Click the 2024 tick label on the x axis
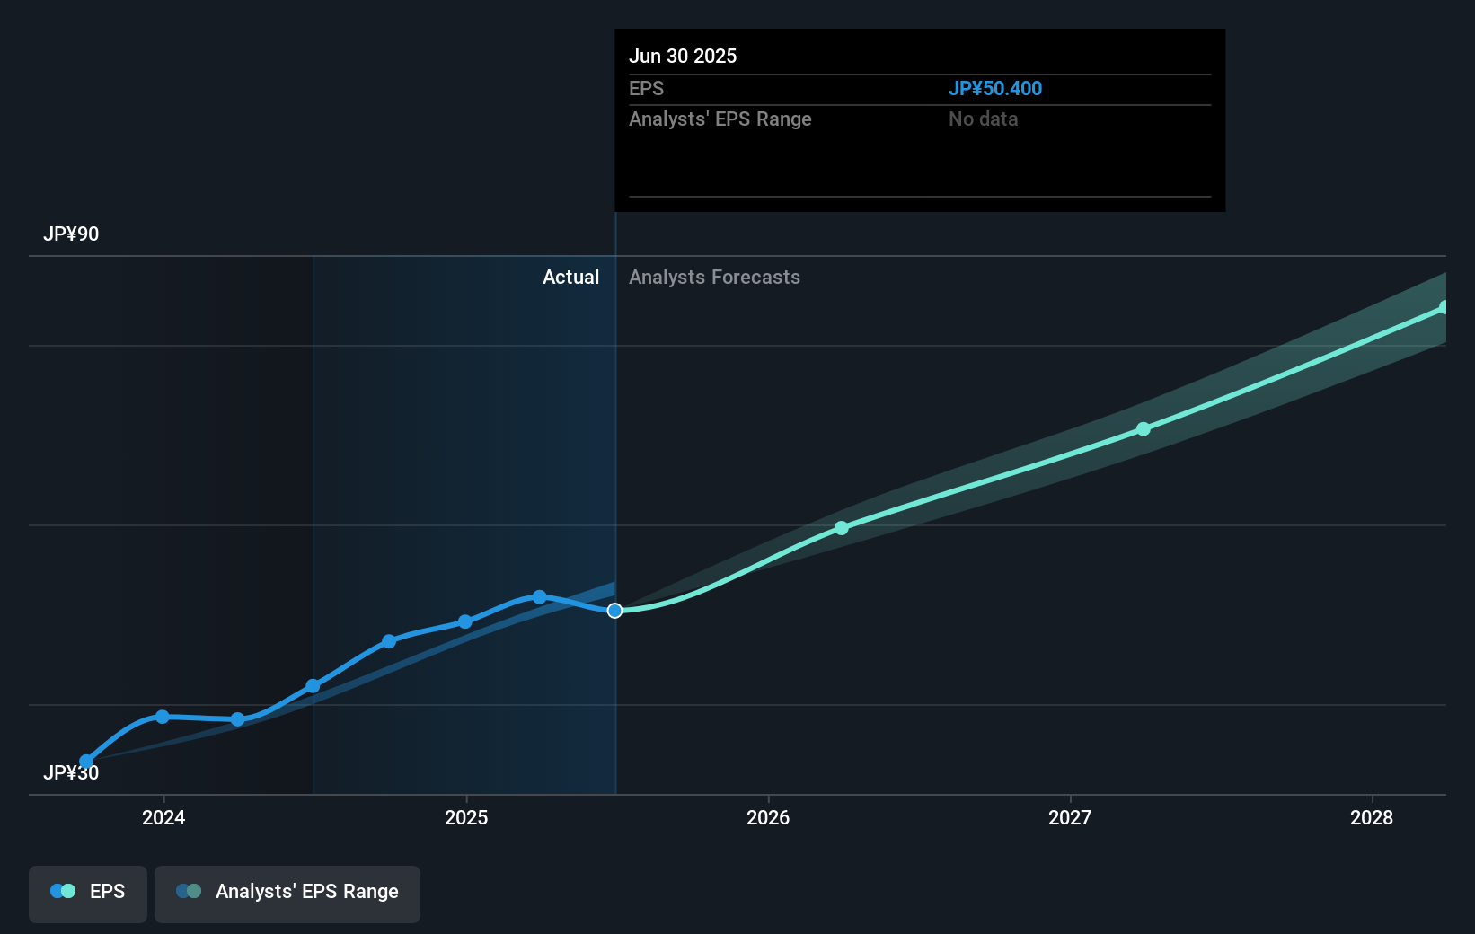[x=163, y=817]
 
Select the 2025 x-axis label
[x=466, y=817]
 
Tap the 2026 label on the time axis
[x=768, y=817]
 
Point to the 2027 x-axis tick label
[x=1070, y=817]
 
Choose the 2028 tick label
[x=1372, y=817]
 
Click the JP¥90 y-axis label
[x=71, y=234]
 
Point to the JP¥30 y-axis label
[x=71, y=773]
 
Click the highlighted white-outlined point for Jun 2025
[x=614, y=611]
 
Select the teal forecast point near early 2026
[x=842, y=528]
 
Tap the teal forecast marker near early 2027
[x=1144, y=429]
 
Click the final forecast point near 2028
[x=1444, y=308]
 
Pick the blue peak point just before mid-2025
[x=539, y=597]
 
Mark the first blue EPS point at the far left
[x=86, y=762]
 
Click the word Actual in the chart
[x=570, y=278]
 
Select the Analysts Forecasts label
[x=714, y=278]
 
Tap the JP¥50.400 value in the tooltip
[x=995, y=89]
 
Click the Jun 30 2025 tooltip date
[x=683, y=57]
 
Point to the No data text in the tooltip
[x=983, y=119]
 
